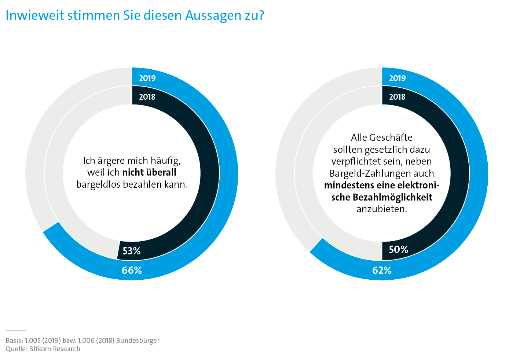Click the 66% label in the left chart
point(132,270)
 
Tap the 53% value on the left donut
point(132,251)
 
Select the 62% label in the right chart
point(382,270)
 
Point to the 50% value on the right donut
point(398,249)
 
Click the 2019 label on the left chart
point(147,78)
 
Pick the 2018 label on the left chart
point(147,97)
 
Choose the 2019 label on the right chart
point(397,78)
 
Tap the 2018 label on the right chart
point(397,97)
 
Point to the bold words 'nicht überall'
point(149,172)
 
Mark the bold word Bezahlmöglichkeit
point(392,197)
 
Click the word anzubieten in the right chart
point(382,209)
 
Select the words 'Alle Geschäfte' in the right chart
point(382,137)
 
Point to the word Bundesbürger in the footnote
point(138,340)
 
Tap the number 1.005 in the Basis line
point(33,340)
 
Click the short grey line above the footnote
point(16,331)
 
